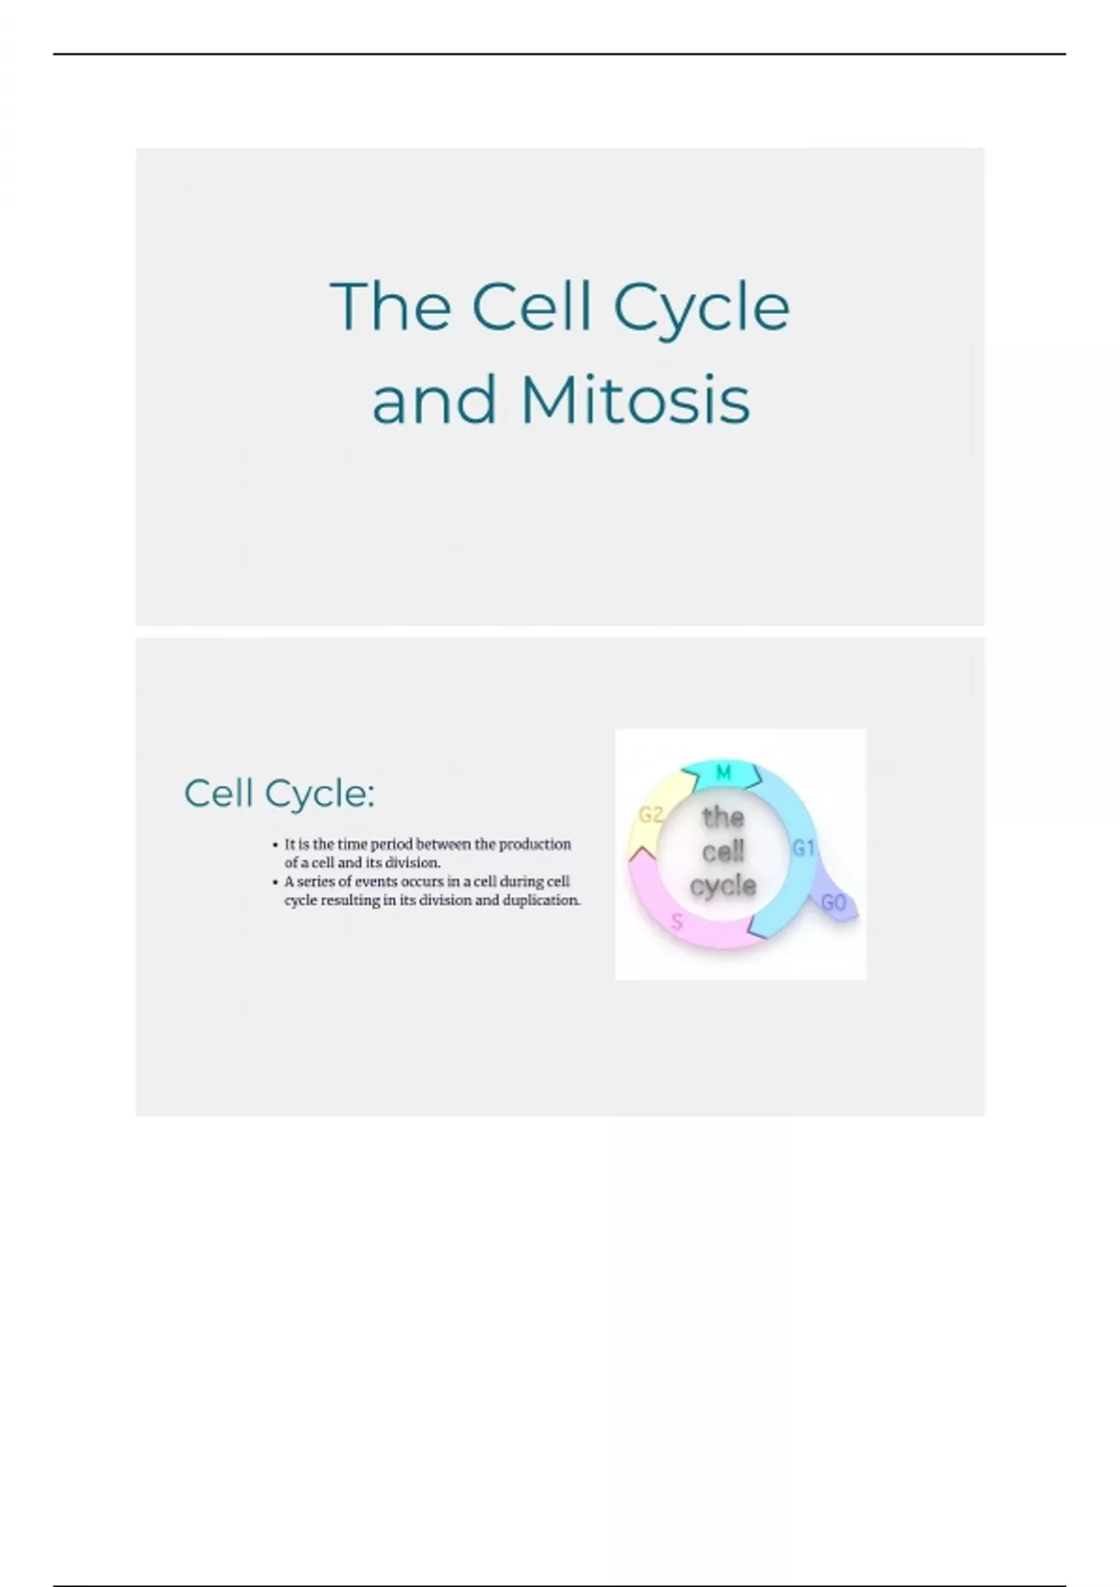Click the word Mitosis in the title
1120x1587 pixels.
coord(635,400)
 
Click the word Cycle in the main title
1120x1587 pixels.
coord(701,306)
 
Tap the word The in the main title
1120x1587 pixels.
coord(390,306)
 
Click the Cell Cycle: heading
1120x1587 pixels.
coord(279,793)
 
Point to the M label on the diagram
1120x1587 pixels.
coord(723,773)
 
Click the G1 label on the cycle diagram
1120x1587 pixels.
coord(804,848)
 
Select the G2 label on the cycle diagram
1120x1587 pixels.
coord(651,814)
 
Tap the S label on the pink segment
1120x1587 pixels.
coord(678,922)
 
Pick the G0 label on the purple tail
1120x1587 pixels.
coord(833,903)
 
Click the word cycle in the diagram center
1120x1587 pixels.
coord(723,885)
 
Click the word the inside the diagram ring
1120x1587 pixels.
coord(723,817)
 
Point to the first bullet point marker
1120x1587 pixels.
coord(275,845)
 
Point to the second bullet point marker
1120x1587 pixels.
coord(275,882)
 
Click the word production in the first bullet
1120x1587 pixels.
coord(535,844)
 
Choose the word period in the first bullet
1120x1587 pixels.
coord(392,844)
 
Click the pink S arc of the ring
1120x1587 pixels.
coord(653,906)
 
